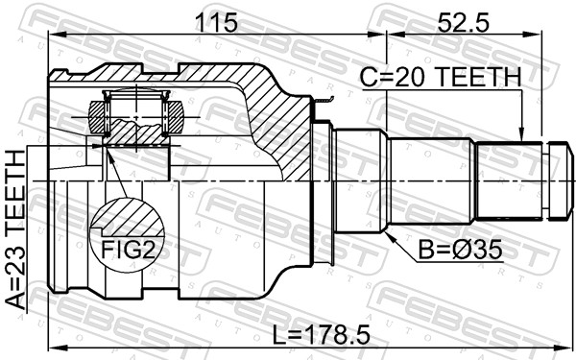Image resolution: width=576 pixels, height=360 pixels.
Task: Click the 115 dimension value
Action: (x=217, y=23)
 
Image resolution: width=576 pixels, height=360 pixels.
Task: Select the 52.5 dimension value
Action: (x=464, y=23)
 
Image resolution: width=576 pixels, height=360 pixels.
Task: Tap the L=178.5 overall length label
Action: (x=321, y=335)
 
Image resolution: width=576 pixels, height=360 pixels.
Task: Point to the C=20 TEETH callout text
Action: (x=441, y=77)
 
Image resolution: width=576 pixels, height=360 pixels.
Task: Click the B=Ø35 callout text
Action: (x=461, y=251)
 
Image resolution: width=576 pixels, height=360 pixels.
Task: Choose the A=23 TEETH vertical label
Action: (x=15, y=230)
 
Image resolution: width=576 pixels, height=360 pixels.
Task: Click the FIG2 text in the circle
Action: (x=127, y=250)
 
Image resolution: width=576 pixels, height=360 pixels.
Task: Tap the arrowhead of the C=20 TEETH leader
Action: (x=520, y=135)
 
